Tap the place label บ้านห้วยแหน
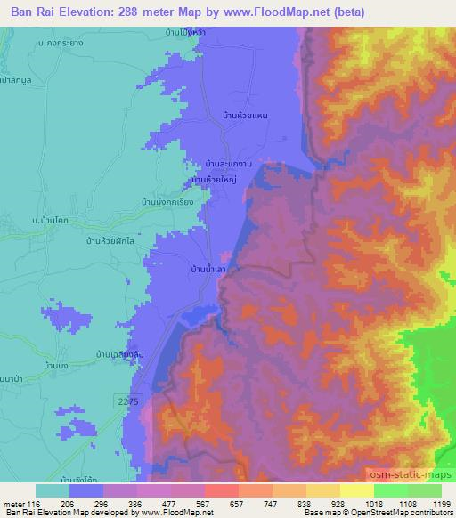(246, 116)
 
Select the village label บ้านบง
(69, 365)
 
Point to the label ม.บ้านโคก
(51, 218)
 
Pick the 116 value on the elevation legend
(34, 504)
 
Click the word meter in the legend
(12, 504)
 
